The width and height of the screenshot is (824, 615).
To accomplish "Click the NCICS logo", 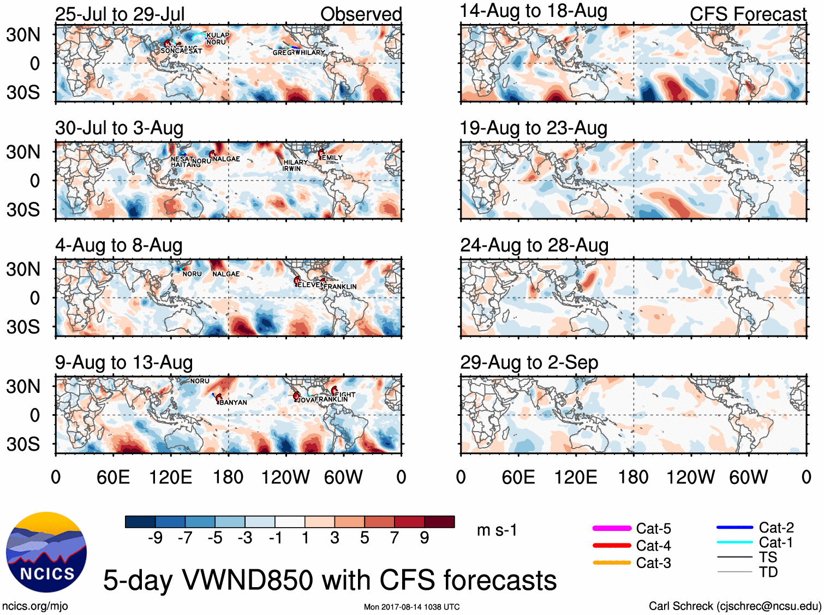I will tap(46, 552).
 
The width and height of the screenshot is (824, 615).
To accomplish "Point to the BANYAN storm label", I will tap(233, 402).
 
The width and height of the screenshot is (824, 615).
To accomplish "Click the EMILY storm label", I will tap(332, 158).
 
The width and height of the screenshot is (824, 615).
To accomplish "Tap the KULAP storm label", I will tap(218, 35).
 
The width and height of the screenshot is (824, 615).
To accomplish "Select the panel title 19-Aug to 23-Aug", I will tap(533, 128).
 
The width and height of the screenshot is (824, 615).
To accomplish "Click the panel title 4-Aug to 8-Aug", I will tap(118, 246).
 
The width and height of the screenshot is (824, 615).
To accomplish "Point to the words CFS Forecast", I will tap(748, 14).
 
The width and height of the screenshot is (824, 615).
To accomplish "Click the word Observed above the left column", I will tap(361, 14).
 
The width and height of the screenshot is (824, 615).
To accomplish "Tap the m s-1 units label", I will tap(497, 530).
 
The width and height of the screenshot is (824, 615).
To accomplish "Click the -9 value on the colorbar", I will tap(156, 538).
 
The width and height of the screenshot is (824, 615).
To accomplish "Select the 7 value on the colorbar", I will tap(395, 538).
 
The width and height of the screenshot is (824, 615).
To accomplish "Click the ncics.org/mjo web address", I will tap(35, 606).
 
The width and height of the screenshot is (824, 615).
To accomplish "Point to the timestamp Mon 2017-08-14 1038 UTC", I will tap(411, 607).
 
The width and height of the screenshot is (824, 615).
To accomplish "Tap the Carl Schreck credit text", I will tap(735, 606).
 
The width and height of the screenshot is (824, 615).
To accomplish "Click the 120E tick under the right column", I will tap(576, 477).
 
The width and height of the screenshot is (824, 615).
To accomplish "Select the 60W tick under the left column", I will tap(343, 477).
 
